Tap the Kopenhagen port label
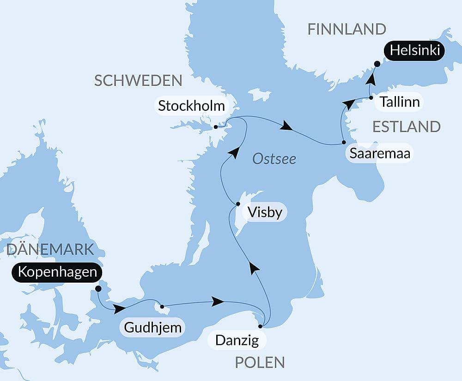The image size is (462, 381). (x=58, y=272)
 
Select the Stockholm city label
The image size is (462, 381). (x=191, y=106)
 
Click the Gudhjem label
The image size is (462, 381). (x=152, y=328)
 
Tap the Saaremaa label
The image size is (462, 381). (x=380, y=154)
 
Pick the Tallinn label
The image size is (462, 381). (x=400, y=102)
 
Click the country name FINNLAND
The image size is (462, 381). (x=346, y=29)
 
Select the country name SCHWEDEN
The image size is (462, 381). (x=138, y=80)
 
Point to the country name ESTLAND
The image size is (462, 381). (x=407, y=127)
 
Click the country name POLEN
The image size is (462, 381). (x=260, y=363)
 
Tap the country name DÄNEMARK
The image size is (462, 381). (x=50, y=249)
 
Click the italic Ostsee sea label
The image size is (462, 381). (x=274, y=159)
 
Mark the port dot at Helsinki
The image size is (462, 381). (x=377, y=64)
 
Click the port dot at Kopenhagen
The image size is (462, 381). (x=98, y=289)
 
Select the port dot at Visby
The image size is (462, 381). (x=238, y=204)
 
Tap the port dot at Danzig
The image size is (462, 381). (x=260, y=326)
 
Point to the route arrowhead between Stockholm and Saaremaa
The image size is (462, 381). (x=287, y=126)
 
